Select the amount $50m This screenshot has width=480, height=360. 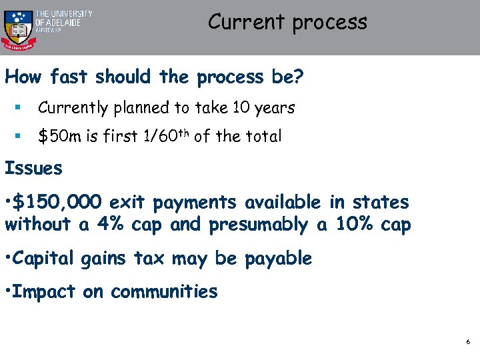[59, 137]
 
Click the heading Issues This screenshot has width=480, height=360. [33, 169]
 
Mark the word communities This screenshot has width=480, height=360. [164, 291]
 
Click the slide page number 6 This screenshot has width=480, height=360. [468, 342]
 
